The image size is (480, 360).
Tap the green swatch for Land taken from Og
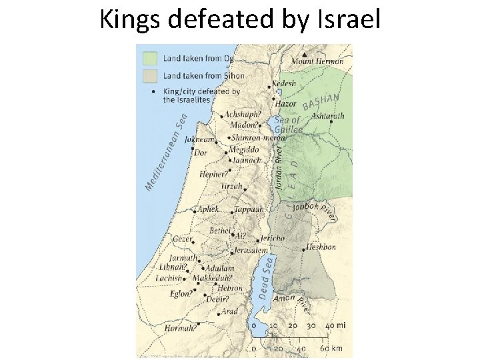click(149, 58)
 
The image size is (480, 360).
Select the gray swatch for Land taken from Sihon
click(149, 75)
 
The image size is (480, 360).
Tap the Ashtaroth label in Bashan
click(328, 115)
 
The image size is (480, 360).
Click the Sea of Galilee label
click(287, 124)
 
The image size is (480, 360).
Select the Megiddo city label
click(244, 149)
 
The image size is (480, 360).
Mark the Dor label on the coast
click(201, 153)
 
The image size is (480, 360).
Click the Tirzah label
click(232, 186)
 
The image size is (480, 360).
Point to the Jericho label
click(272, 238)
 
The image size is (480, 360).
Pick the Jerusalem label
click(251, 251)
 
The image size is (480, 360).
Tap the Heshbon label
click(321, 247)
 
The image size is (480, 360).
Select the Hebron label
click(230, 288)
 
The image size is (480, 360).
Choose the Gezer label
click(182, 239)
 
